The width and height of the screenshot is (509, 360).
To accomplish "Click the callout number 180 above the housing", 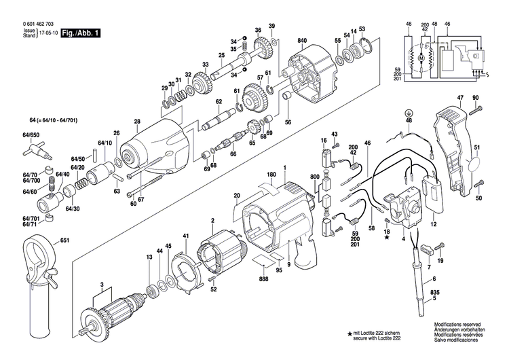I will coord(271,175).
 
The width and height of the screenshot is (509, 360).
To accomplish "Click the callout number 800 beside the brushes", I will coord(314,177).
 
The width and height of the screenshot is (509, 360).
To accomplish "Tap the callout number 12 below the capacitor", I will coord(432,223).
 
